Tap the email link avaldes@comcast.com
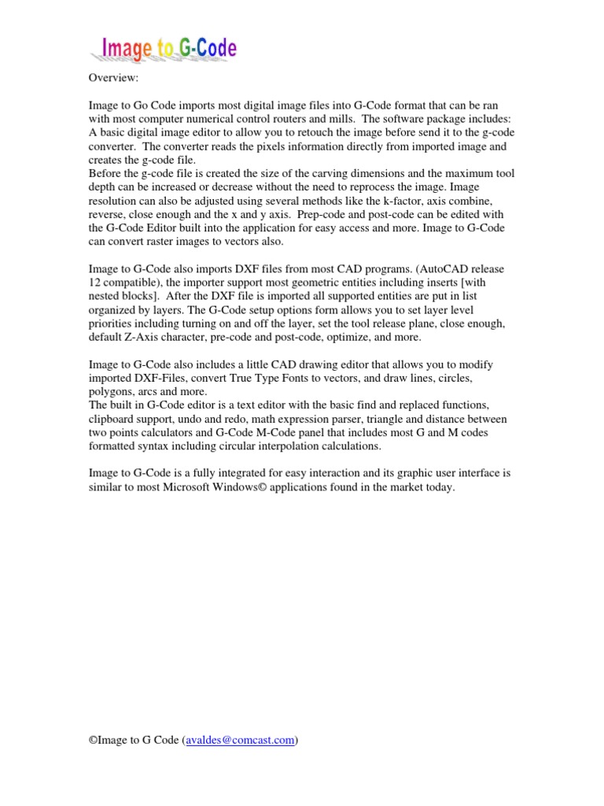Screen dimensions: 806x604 tap(241, 740)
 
